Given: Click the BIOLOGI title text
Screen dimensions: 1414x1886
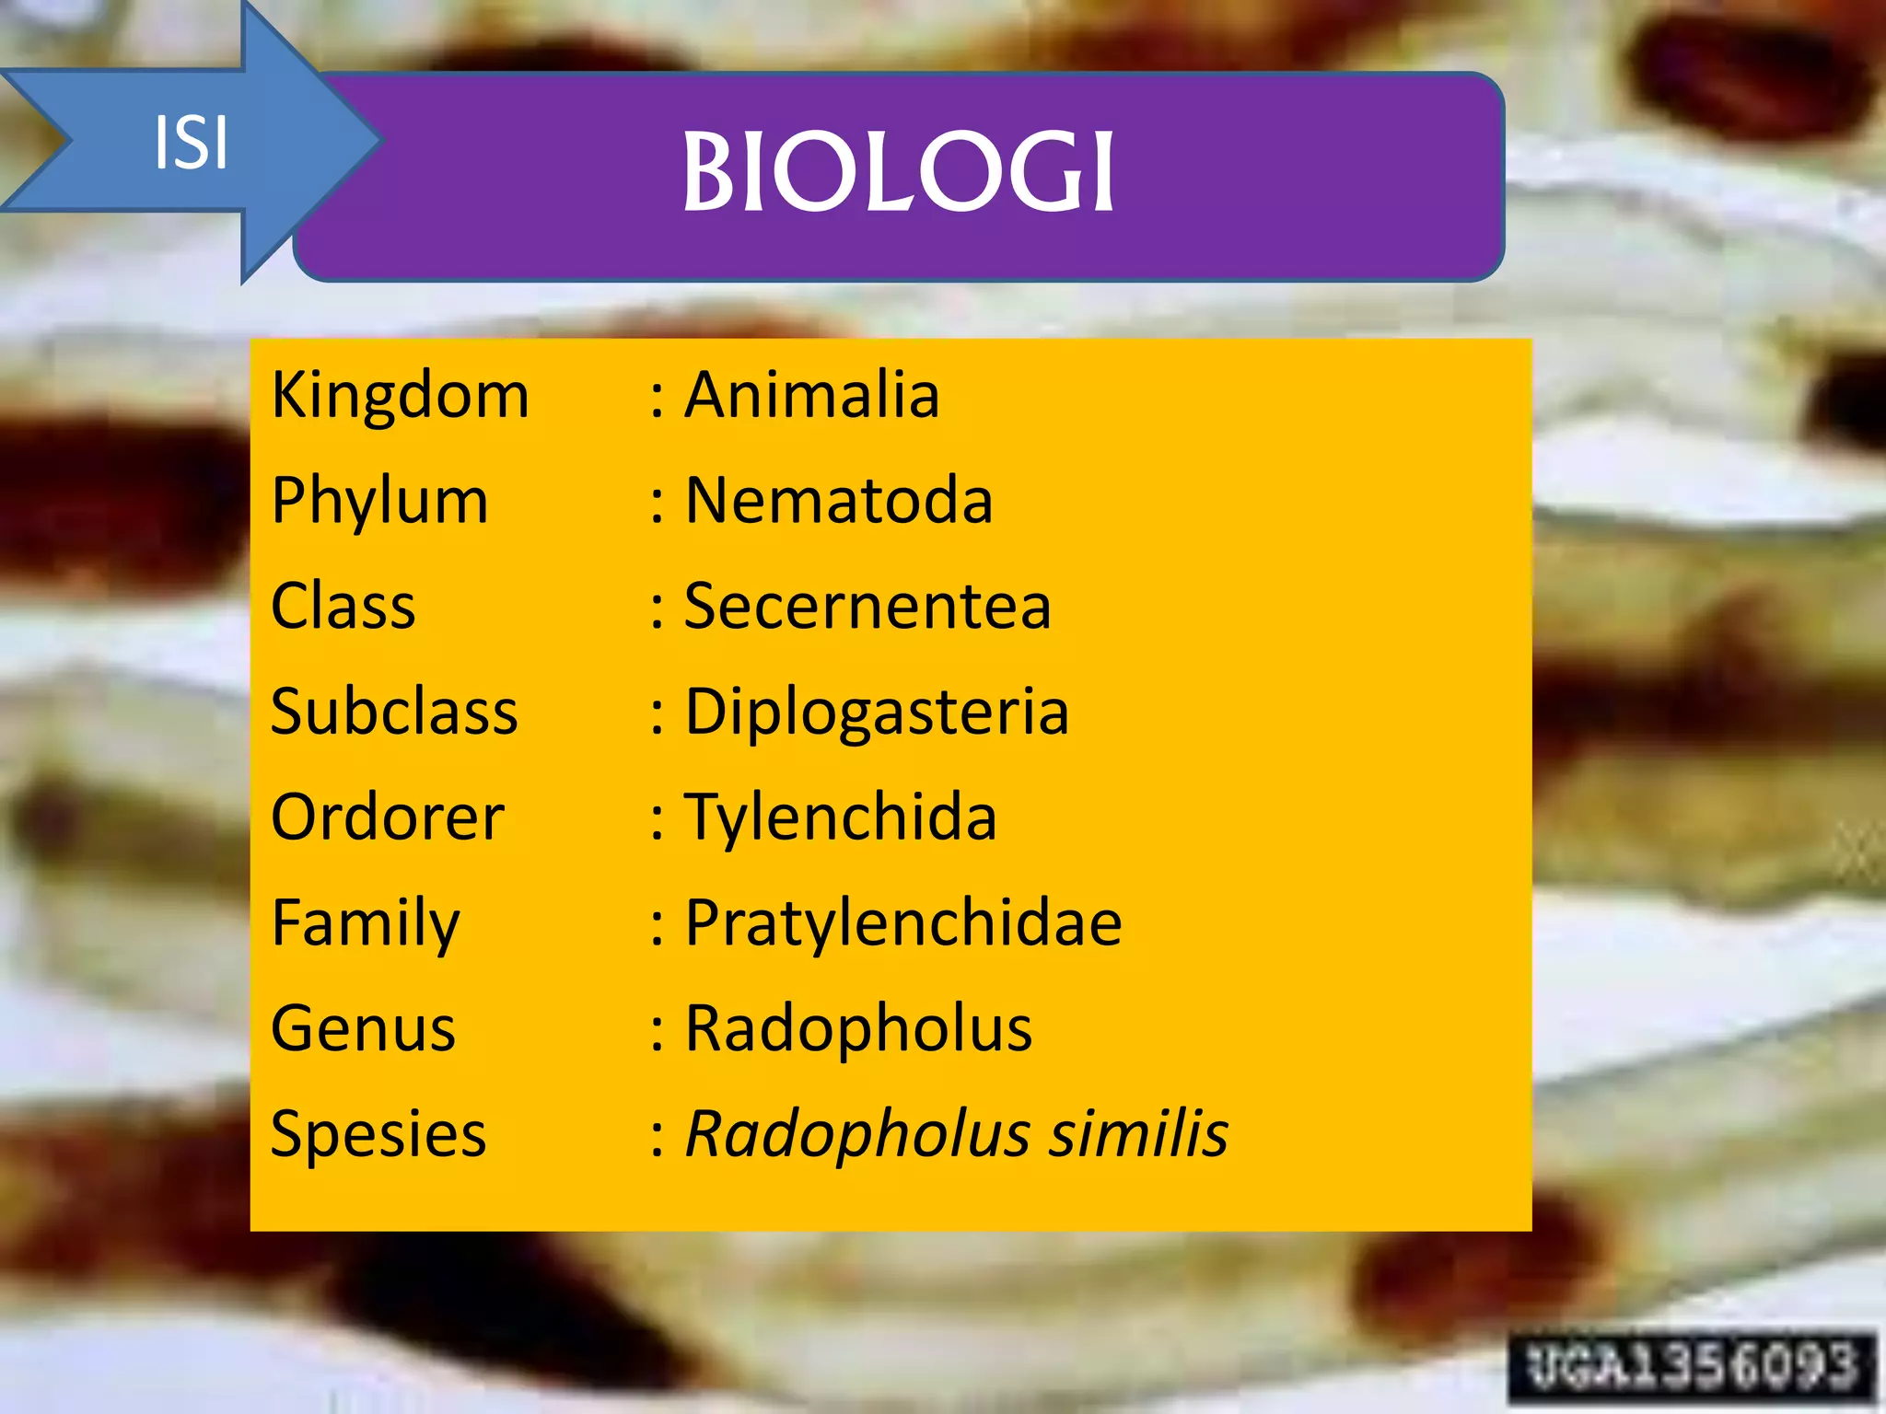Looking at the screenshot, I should pos(898,172).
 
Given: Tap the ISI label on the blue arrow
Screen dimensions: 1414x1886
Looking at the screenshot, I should pos(191,143).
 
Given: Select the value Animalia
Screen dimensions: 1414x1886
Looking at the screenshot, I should pos(811,395).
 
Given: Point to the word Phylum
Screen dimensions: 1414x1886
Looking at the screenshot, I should pos(379,502).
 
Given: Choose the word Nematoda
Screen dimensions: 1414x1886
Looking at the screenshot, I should pos(838,501).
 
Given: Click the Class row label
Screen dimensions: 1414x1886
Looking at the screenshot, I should pos(343,607).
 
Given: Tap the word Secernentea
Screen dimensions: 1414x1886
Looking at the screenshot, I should pos(867,607).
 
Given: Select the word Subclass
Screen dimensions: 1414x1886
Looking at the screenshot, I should pos(394,712).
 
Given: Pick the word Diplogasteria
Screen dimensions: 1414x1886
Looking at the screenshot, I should pos(876,713).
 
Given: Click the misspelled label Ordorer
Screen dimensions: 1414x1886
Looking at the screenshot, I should pos(387,817).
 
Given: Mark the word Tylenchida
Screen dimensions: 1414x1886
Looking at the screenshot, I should pos(840,817).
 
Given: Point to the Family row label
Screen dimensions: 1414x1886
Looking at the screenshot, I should pos(365,923).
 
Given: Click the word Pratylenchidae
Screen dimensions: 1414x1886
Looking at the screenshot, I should pos(902,923).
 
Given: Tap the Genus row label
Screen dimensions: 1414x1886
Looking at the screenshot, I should pos(363,1028).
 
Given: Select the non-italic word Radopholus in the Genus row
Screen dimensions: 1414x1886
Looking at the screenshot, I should pos(857,1028).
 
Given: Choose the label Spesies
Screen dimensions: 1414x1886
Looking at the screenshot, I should pos(378,1134).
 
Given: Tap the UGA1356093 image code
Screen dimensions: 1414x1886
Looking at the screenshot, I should pos(1691,1365).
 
